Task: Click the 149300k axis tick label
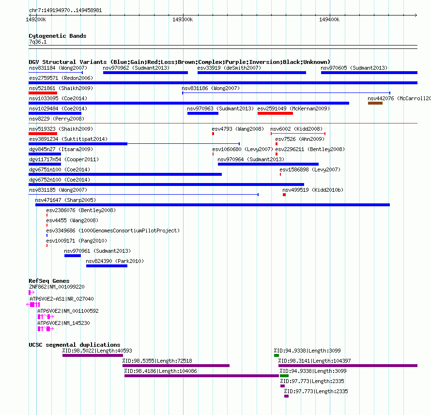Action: [x=183, y=19]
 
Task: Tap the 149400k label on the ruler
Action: [x=329, y=19]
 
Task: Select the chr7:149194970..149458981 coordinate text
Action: [x=65, y=11]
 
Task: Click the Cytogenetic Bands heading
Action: [x=58, y=36]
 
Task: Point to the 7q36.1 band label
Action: [x=38, y=42]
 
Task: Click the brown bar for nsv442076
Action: [x=375, y=103]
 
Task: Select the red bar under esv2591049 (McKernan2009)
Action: [x=275, y=113]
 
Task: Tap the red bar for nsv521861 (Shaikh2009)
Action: [x=43, y=93]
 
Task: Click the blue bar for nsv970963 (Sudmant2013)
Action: [x=203, y=113]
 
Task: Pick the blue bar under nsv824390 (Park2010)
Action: [x=107, y=266]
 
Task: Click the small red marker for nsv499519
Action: [x=284, y=195]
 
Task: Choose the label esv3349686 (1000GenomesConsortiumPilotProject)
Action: [x=113, y=231]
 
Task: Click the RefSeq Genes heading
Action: [x=49, y=281]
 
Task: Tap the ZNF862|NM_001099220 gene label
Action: [x=57, y=287]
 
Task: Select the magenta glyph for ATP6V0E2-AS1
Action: [x=33, y=305]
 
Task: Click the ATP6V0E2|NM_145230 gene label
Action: [x=63, y=323]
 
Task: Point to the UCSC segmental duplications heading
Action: [x=75, y=345]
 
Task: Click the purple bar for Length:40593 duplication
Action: [x=92, y=355]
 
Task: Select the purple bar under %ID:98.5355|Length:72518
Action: [x=176, y=366]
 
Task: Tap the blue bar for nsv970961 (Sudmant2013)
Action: [x=73, y=256]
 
